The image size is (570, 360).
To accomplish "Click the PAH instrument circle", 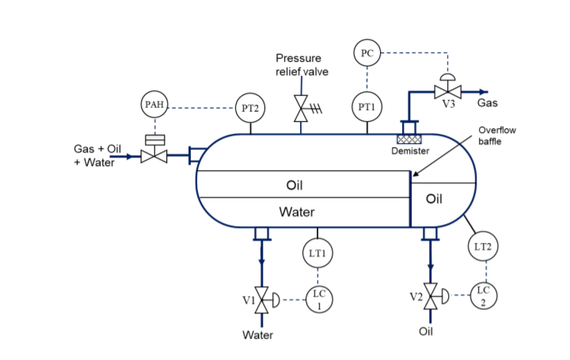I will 154,105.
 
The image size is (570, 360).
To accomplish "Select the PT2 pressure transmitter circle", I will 250,108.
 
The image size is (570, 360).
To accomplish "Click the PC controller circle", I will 367,54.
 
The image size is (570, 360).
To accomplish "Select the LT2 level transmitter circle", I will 483,246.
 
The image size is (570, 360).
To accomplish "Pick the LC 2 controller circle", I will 483,295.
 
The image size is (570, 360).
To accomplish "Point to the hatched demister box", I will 410,138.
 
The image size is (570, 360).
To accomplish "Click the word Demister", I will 410,151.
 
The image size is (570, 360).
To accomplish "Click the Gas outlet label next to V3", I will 488,103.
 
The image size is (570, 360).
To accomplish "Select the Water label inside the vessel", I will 296,212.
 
